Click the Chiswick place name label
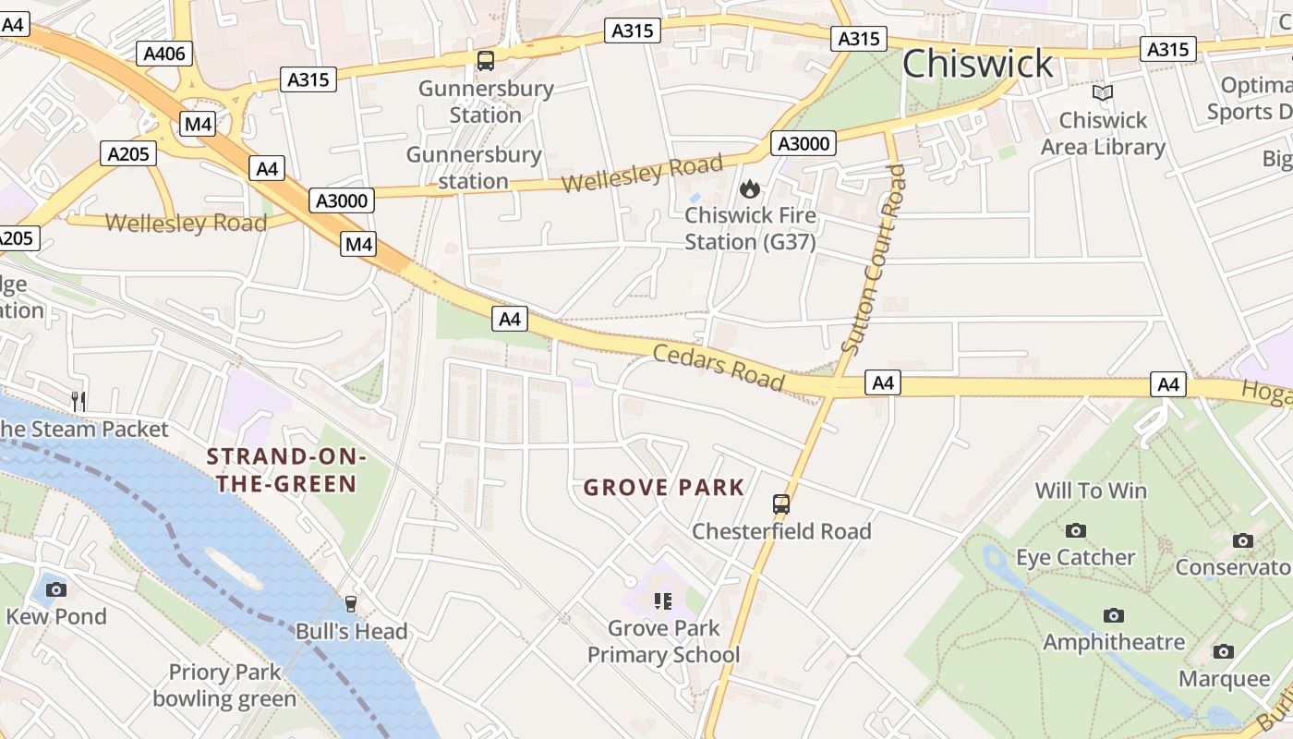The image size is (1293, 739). click(977, 64)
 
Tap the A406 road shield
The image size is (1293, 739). click(164, 54)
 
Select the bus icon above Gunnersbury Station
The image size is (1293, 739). click(485, 62)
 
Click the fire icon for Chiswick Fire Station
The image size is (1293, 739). click(749, 189)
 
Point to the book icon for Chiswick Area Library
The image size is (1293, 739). click(1102, 93)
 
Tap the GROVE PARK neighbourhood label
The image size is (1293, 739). click(663, 488)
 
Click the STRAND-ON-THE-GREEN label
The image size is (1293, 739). click(282, 470)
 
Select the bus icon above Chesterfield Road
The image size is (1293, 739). click(781, 504)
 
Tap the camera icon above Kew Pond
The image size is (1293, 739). click(55, 588)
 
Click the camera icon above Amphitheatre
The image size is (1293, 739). click(1113, 615)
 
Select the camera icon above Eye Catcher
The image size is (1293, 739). click(1075, 530)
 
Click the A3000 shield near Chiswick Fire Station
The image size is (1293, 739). click(804, 143)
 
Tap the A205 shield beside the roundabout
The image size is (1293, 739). click(127, 153)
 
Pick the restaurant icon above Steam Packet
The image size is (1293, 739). click(79, 401)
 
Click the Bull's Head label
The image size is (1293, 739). click(351, 632)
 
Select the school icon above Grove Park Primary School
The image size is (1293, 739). click(662, 601)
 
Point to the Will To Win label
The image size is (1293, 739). click(1091, 491)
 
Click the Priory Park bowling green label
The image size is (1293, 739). click(224, 685)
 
